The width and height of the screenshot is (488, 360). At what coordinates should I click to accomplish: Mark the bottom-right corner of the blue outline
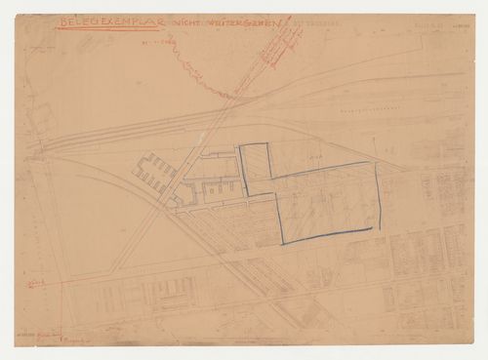coord(373,228)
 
